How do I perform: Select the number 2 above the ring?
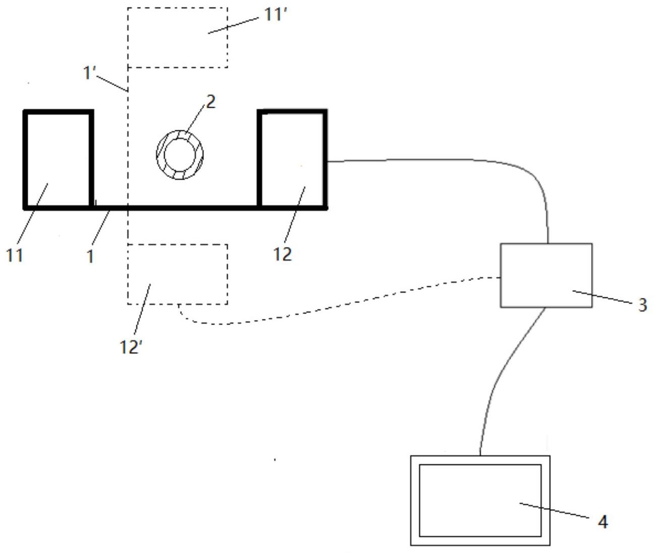pyautogui.click(x=210, y=102)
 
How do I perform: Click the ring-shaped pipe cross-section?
pyautogui.click(x=180, y=154)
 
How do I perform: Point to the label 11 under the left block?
pyautogui.click(x=15, y=255)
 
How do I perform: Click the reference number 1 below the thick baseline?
pyautogui.click(x=90, y=257)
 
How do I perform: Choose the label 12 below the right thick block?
pyautogui.click(x=282, y=254)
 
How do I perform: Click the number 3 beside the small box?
pyautogui.click(x=642, y=305)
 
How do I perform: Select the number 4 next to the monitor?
pyautogui.click(x=603, y=522)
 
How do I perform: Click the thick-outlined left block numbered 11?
pyautogui.click(x=58, y=159)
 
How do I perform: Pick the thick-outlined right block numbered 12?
pyautogui.click(x=292, y=159)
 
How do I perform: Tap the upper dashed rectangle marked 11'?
pyautogui.click(x=177, y=38)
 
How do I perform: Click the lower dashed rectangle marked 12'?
pyautogui.click(x=177, y=274)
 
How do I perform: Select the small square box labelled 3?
pyautogui.click(x=546, y=275)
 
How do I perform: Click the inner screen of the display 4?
pyautogui.click(x=480, y=500)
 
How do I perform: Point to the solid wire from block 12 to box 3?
pyautogui.click(x=453, y=160)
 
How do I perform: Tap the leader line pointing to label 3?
pyautogui.click(x=604, y=296)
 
